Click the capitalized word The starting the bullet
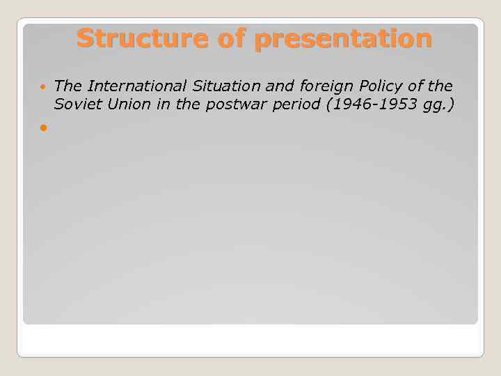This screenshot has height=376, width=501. click(68, 86)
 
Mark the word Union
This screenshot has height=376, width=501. click(123, 104)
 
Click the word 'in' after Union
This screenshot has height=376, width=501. click(155, 104)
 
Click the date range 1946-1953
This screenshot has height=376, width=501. click(367, 104)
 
